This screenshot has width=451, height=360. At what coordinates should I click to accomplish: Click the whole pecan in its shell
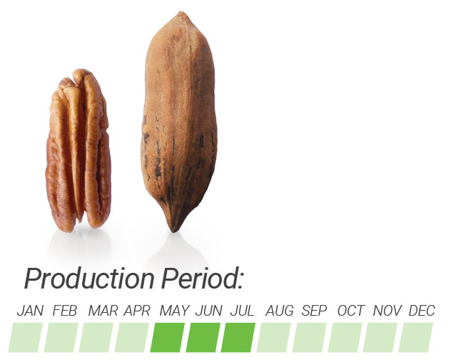click(179, 121)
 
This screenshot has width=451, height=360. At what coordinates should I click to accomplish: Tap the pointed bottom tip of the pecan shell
click(173, 231)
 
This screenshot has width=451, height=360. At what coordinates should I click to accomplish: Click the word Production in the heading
click(89, 279)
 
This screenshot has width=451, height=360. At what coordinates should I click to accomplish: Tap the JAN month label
click(30, 311)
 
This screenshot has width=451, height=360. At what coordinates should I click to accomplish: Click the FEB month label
click(65, 311)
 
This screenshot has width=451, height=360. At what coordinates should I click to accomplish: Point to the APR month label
click(137, 311)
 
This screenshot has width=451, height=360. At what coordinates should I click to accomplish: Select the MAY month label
click(174, 311)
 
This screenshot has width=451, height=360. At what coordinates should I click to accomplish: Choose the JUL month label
click(242, 311)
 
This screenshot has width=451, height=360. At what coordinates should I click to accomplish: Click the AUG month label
click(279, 311)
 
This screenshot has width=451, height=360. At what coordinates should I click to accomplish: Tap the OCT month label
click(351, 311)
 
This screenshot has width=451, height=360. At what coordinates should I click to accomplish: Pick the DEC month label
click(422, 311)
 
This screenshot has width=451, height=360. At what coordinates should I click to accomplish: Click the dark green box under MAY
click(168, 338)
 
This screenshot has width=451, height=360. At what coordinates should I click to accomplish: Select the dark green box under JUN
click(203, 338)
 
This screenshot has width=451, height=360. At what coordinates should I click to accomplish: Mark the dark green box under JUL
click(238, 338)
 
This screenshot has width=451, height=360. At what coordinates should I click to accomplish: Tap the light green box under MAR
click(96, 338)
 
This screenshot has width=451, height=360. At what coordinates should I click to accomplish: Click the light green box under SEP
click(310, 338)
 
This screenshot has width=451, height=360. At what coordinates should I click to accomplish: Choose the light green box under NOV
click(380, 338)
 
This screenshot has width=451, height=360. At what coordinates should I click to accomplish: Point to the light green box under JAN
click(26, 338)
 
